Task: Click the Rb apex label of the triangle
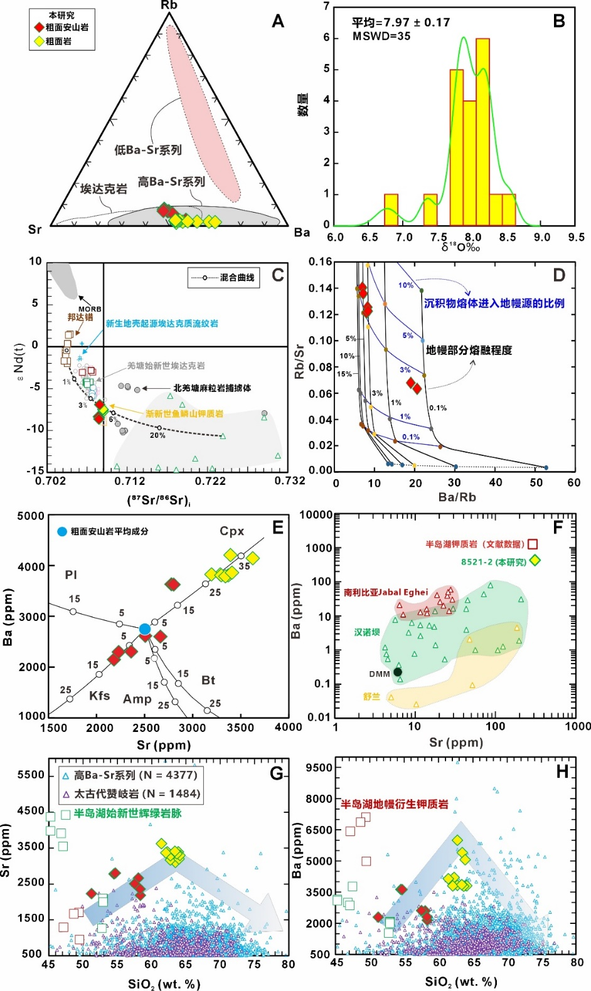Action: pos(169,6)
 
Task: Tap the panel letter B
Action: pos(559,21)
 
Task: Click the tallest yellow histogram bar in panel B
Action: pos(482,132)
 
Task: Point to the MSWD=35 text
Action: pos(381,36)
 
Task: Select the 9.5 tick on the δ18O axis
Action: pos(575,237)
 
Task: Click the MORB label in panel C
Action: pos(90,309)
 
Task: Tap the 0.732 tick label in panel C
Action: pos(290,480)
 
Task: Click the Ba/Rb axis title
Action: pos(457,497)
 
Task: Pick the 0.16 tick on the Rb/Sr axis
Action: pos(320,262)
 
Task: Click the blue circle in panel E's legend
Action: pos(61,531)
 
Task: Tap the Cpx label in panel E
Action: pos(232,531)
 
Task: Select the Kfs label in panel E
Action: pos(99,696)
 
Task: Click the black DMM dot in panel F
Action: pos(397,672)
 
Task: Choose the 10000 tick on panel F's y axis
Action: pos(316,515)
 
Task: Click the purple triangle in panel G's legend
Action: pos(66,794)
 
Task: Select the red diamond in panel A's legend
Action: pos(39,28)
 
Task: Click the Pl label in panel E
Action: pos(71,575)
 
